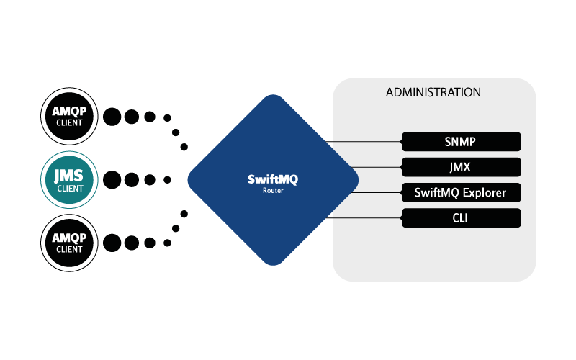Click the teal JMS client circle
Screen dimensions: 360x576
[70, 179]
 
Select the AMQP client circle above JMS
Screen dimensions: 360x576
[70, 116]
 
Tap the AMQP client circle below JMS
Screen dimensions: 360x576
[70, 242]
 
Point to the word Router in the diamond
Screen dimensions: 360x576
[272, 192]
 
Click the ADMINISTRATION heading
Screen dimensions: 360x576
[433, 93]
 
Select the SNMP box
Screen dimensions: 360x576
[461, 141]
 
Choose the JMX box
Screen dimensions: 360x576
[461, 167]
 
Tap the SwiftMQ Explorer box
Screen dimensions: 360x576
[461, 193]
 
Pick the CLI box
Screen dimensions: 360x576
[461, 218]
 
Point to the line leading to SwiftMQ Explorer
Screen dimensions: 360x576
[378, 193]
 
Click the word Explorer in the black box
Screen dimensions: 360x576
[483, 193]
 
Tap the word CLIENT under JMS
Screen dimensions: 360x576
[70, 189]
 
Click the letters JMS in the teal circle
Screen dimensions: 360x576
[70, 174]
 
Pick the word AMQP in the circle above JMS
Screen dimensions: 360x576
[70, 112]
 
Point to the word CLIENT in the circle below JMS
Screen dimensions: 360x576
[70, 250]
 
